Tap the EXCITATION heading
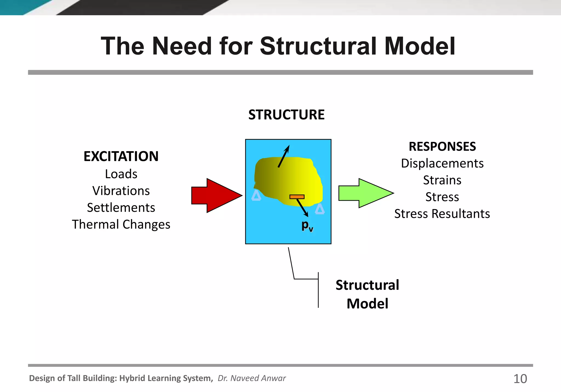(121, 156)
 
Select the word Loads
(121, 174)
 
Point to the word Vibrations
(121, 191)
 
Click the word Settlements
(121, 207)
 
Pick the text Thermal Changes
(121, 224)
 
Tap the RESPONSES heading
(442, 147)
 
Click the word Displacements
(442, 163)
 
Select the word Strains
(442, 180)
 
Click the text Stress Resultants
(442, 214)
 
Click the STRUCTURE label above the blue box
(286, 115)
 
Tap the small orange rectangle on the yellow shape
(297, 197)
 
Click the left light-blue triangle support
(256, 196)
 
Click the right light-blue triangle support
(320, 210)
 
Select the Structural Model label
(367, 294)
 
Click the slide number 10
(520, 379)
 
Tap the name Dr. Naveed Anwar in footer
(251, 378)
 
